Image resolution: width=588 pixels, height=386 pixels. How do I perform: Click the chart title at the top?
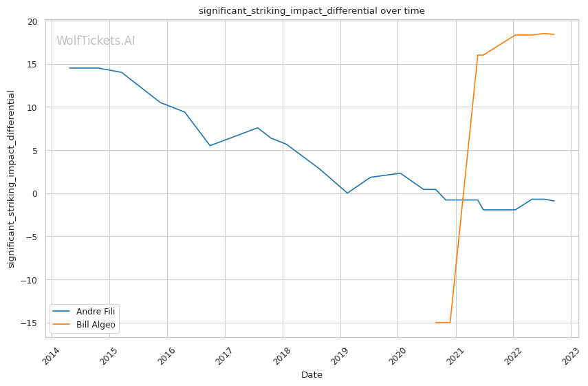(312, 11)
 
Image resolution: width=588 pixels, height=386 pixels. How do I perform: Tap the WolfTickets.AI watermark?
(96, 41)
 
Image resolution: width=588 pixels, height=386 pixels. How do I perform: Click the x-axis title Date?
(312, 375)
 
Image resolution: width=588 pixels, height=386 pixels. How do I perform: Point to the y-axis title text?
(11, 179)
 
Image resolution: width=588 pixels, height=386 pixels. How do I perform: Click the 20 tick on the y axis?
(32, 21)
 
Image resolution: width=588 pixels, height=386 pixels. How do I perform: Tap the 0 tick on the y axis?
(35, 193)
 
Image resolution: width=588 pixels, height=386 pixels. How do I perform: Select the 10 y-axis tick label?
(32, 107)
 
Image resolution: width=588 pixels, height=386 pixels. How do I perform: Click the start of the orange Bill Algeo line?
(435, 323)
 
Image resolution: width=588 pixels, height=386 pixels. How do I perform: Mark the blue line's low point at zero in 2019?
(347, 193)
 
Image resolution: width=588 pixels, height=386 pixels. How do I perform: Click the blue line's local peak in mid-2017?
(258, 128)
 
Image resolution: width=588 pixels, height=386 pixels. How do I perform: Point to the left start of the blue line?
(69, 68)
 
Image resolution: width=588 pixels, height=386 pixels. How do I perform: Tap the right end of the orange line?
(554, 34)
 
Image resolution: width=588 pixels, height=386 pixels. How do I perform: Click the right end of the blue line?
(554, 201)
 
